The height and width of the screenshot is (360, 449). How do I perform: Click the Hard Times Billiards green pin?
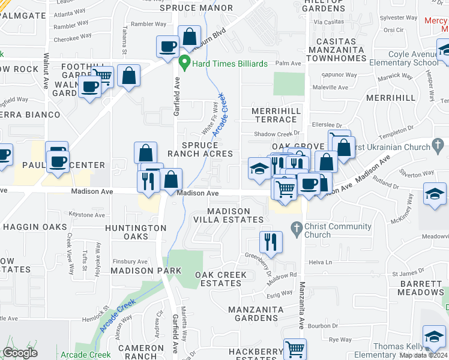tap(185, 62)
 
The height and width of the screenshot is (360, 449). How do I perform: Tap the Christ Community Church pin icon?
tap(295, 228)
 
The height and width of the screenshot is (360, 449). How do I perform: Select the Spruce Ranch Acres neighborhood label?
tap(200, 149)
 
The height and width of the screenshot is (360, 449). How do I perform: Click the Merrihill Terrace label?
tap(274, 115)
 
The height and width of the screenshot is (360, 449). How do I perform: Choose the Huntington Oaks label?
tap(136, 232)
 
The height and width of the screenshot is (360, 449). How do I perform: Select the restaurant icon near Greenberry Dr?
tap(271, 242)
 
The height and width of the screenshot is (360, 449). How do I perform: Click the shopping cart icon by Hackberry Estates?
tap(295, 349)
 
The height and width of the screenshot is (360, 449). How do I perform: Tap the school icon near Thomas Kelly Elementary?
tap(434, 336)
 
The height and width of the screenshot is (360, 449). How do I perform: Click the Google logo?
tap(20, 353)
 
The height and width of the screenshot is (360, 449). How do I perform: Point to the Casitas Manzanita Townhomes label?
tap(331, 50)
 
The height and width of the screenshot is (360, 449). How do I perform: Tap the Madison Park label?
tap(146, 271)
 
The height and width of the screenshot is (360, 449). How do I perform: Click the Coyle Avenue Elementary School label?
tap(412, 58)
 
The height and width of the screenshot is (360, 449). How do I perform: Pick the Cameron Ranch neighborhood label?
tap(140, 352)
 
